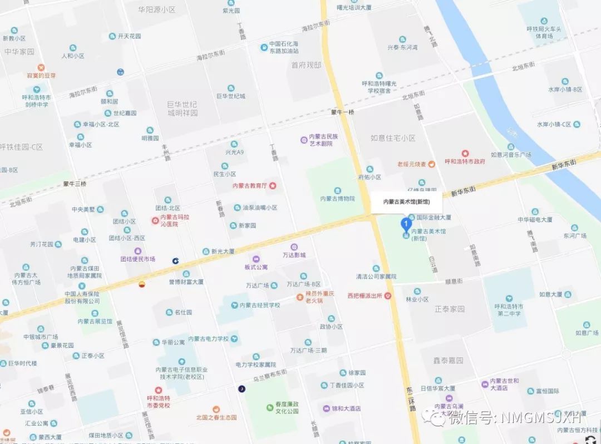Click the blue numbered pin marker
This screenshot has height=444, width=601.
(x=406, y=225)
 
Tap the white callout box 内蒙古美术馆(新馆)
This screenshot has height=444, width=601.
(x=406, y=202)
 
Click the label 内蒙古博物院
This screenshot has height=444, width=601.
(x=337, y=199)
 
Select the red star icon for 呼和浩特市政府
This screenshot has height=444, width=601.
(x=465, y=153)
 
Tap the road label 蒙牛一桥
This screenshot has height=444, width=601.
(x=342, y=112)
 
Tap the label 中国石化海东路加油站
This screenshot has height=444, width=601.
(x=288, y=47)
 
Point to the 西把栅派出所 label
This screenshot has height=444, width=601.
(x=365, y=295)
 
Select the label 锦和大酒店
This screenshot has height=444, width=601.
(x=346, y=408)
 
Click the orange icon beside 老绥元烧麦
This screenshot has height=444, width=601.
(x=431, y=164)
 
